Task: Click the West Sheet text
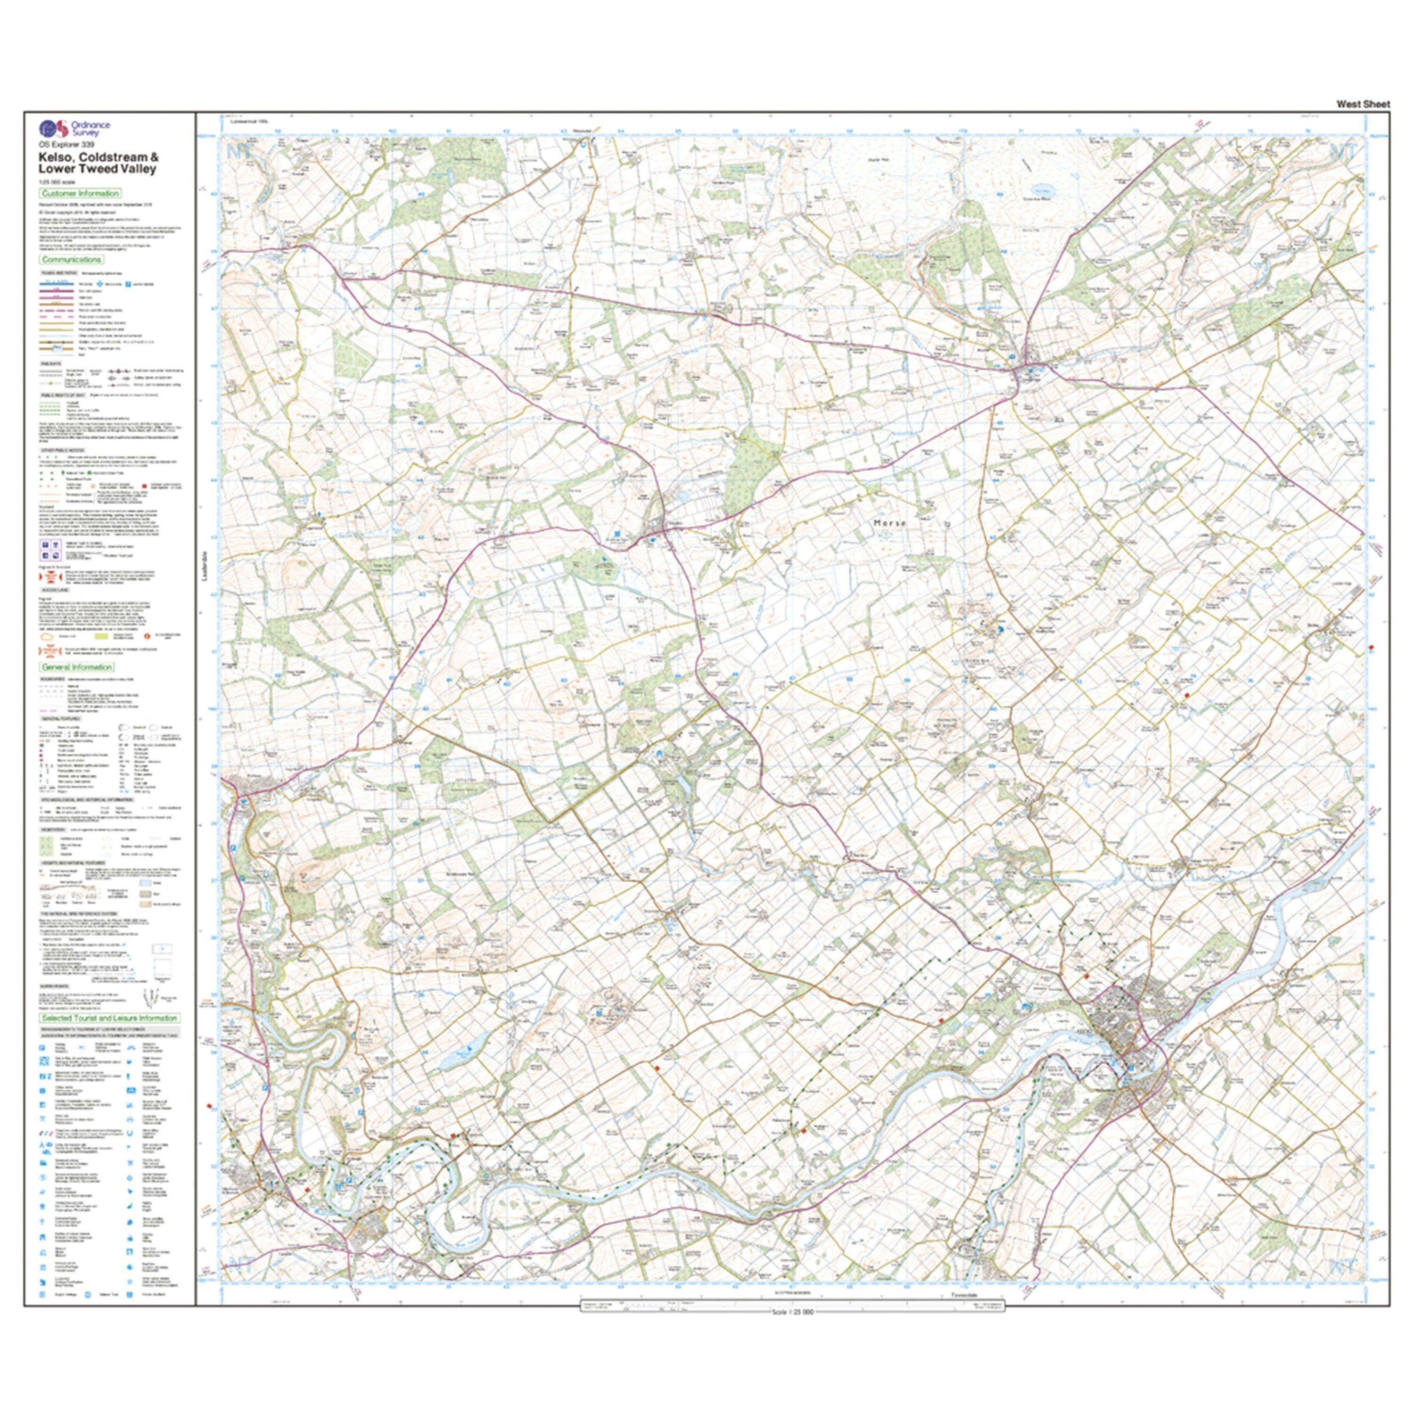(1363, 104)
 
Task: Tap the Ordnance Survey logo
(53, 129)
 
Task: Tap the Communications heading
(71, 260)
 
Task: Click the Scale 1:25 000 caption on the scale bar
(793, 1312)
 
